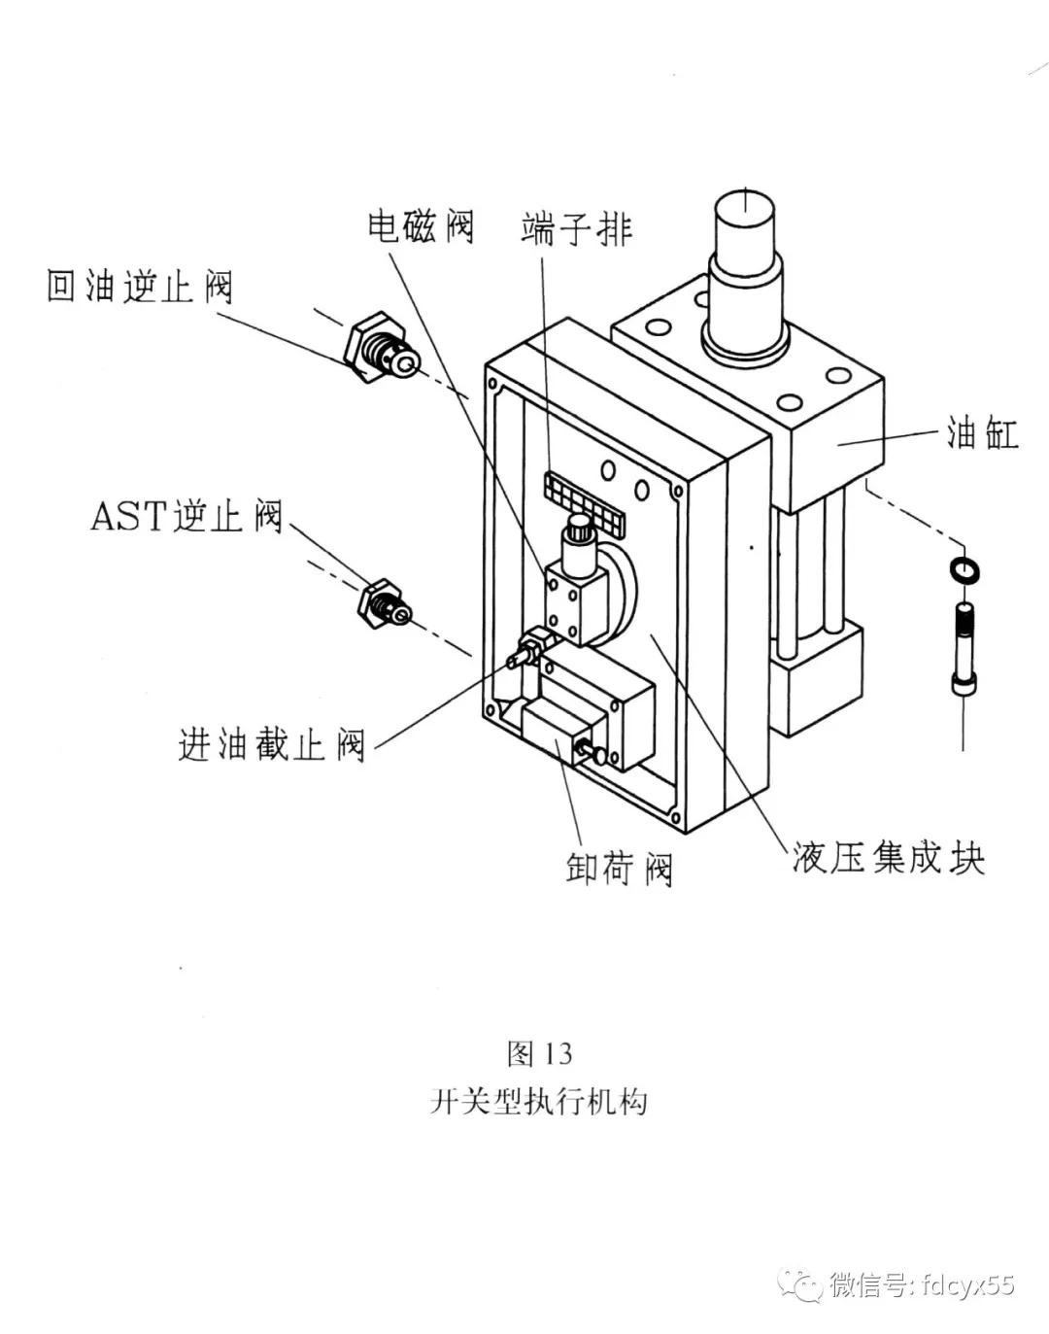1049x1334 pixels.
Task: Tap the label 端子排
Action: pos(576,229)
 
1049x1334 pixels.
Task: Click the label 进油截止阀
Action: pos(272,745)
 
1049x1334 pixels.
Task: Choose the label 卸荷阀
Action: pos(619,868)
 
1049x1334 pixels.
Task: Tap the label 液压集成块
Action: pos(888,858)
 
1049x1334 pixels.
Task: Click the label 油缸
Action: pos(982,433)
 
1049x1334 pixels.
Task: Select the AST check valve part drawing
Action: pos(385,603)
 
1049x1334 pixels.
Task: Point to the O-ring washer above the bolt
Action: pos(964,570)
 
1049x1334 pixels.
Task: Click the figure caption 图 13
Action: pos(539,1053)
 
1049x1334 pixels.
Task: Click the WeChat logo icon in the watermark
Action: pos(807,1286)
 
